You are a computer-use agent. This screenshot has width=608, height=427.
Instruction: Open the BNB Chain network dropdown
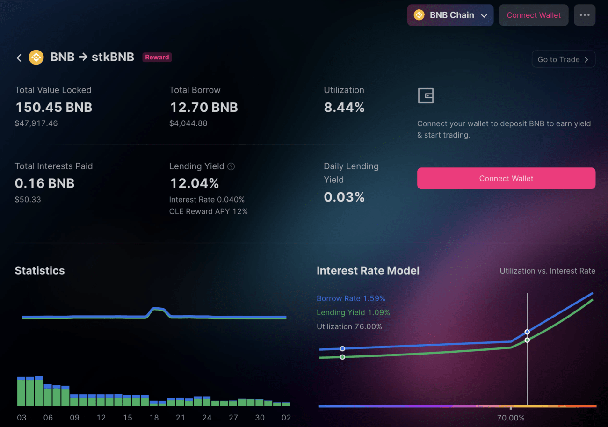pos(450,15)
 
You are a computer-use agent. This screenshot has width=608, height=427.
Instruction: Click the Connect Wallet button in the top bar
pos(533,15)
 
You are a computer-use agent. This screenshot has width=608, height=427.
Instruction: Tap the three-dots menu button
pos(585,15)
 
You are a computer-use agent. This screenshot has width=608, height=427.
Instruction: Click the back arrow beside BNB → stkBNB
pos(19,58)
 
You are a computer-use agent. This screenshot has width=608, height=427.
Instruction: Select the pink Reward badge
pos(157,57)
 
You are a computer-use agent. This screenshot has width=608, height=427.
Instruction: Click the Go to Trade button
pos(563,59)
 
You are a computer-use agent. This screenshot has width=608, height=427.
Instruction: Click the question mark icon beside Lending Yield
pos(231,166)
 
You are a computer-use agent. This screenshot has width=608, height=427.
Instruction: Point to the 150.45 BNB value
pos(54,107)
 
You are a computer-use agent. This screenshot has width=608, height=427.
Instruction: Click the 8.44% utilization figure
pos(344,107)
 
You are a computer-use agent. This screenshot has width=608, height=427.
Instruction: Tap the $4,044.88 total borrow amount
pos(188,123)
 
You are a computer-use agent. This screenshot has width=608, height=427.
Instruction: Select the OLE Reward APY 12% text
pos(208,211)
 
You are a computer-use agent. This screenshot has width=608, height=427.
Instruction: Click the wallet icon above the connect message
pos(426,95)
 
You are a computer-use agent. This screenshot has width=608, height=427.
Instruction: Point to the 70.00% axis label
pos(511,418)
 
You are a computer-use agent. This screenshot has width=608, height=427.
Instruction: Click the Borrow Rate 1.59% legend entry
pos(351,298)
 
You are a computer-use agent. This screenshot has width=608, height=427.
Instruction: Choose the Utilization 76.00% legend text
pos(349,326)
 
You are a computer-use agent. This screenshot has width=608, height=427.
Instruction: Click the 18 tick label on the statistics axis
pos(154,418)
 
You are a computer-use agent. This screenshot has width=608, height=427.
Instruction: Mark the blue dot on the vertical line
pos(527,332)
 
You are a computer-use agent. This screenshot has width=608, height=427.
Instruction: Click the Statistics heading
pos(40,270)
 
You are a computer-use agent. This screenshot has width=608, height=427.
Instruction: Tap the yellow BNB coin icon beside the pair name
pos(36,57)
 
